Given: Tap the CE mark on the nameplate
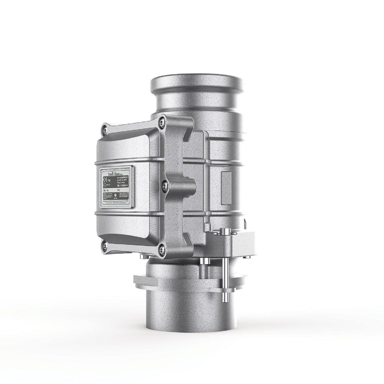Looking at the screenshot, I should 105,180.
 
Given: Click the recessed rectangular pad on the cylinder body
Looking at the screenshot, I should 226,181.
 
